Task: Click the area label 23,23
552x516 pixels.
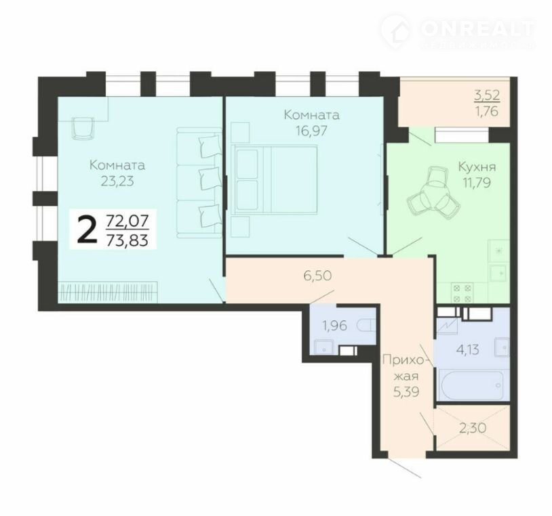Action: (x=117, y=181)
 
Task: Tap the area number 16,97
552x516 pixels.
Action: (x=311, y=131)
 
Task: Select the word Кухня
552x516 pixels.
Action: (x=477, y=167)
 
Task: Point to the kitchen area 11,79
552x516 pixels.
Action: (x=477, y=183)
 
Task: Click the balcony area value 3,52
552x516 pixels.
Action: (x=487, y=95)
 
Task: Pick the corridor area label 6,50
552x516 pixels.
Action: (x=317, y=276)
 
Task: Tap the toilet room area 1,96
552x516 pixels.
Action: (x=335, y=326)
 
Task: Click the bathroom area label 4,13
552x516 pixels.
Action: (x=468, y=350)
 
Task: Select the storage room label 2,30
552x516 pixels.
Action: (x=473, y=428)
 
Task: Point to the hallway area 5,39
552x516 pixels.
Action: (x=406, y=391)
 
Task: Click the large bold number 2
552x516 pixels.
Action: (x=87, y=230)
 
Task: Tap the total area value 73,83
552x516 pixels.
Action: (x=127, y=240)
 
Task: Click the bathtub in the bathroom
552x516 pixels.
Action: (x=473, y=385)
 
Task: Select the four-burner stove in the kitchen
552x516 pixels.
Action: (x=462, y=293)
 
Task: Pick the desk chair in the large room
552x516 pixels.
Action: (x=83, y=128)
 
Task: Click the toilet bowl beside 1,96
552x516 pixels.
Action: (x=366, y=326)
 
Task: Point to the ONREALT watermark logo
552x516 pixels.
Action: (x=458, y=32)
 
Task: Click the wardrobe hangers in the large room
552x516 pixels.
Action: (x=109, y=291)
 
